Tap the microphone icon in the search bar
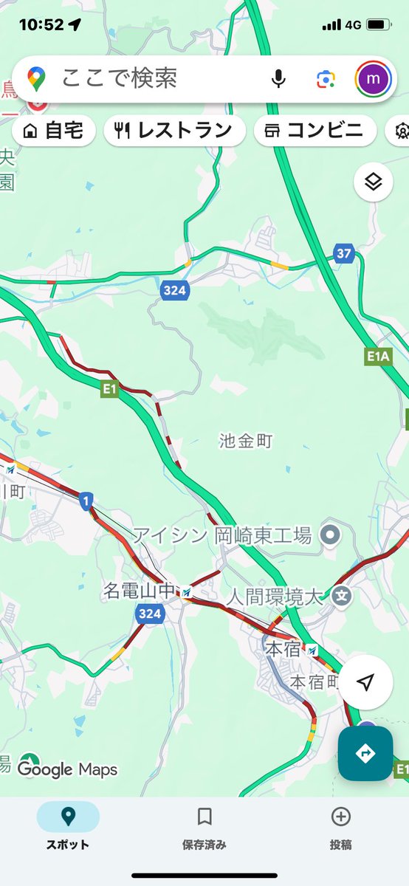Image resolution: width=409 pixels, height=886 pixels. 278,78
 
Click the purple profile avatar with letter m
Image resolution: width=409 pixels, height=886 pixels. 374,78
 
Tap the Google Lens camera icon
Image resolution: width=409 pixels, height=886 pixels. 326,78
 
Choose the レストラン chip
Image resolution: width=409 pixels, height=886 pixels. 174,131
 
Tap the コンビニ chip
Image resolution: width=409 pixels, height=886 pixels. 314,131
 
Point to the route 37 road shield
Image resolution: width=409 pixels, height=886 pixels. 343,253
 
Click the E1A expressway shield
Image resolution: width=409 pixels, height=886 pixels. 378,357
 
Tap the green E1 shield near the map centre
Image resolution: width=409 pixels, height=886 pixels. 110,388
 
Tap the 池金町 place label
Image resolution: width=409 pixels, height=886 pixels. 246,442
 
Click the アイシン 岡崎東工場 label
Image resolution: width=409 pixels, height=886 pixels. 233,535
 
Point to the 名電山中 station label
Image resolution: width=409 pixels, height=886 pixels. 140,591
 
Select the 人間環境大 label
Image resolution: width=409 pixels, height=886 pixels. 275,596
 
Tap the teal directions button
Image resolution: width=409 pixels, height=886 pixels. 365,754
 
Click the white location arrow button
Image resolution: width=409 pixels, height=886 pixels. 365,683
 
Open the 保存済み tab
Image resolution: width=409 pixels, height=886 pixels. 205,827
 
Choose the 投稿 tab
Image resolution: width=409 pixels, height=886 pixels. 340,827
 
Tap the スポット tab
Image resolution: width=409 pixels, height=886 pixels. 68,827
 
